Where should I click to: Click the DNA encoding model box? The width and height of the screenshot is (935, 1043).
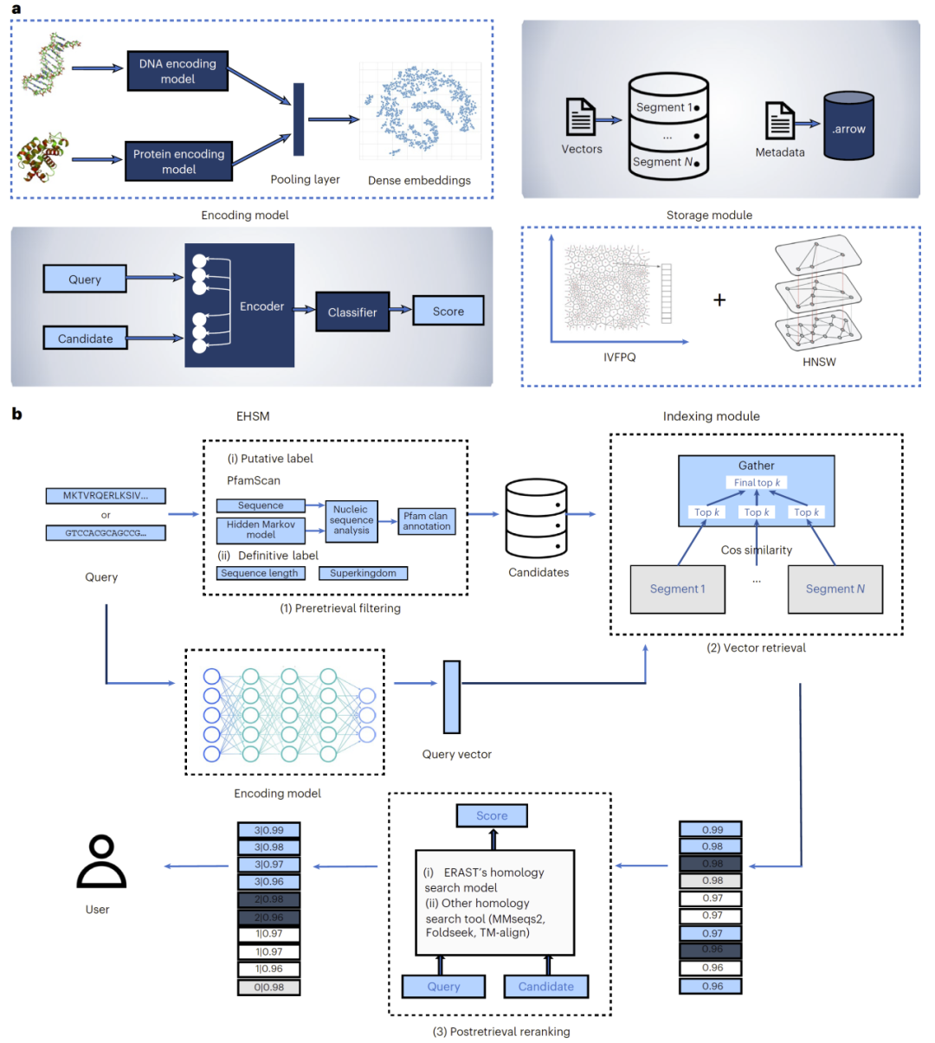(x=177, y=71)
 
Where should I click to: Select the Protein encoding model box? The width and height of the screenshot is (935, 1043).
(x=178, y=161)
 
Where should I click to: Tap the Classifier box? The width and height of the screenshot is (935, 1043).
(x=351, y=312)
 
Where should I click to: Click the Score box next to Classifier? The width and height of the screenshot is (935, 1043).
(x=448, y=311)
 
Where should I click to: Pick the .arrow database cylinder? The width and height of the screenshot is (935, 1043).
(x=848, y=127)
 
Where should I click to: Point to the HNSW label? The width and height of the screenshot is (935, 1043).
(x=818, y=362)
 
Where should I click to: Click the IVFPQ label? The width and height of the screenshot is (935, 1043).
(x=619, y=357)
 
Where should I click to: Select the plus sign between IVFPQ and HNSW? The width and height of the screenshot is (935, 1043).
(x=719, y=300)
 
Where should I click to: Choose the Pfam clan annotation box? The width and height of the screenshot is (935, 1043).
(x=426, y=521)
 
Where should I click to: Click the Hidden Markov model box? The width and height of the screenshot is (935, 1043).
(x=261, y=530)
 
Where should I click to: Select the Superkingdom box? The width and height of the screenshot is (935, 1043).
(x=363, y=573)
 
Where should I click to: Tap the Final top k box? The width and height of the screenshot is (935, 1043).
(x=757, y=482)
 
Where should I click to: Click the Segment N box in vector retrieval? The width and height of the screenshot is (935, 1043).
(x=835, y=589)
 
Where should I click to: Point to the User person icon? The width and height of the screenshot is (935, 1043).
(x=101, y=862)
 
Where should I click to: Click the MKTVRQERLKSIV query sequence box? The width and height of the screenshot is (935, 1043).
(x=106, y=496)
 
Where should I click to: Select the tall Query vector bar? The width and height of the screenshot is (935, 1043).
(x=452, y=697)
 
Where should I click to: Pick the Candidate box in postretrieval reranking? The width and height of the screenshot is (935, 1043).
(x=545, y=986)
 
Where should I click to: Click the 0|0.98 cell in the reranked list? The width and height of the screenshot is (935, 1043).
(x=269, y=987)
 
